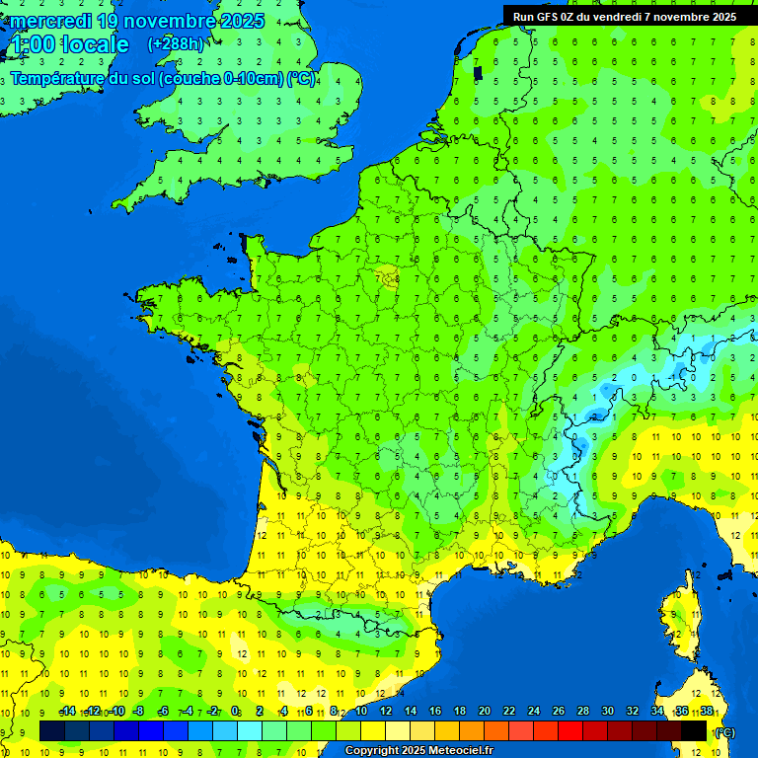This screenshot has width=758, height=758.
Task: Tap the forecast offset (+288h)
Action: tap(175, 44)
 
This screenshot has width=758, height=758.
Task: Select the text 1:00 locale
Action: tap(70, 44)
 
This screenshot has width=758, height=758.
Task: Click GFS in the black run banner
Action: tap(551, 16)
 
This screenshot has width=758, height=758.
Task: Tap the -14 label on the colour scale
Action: tap(67, 712)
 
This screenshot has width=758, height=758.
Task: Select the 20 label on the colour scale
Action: tap(484, 712)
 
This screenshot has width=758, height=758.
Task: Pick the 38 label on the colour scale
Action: tap(707, 712)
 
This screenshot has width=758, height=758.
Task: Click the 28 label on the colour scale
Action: tap(582, 712)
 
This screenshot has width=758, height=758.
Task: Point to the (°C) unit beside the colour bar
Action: tap(723, 731)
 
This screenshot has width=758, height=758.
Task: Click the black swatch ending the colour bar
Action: tap(694, 730)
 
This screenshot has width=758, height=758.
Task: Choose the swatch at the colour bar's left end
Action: tap(52, 730)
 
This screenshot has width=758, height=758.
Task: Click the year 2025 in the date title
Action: tap(242, 21)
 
